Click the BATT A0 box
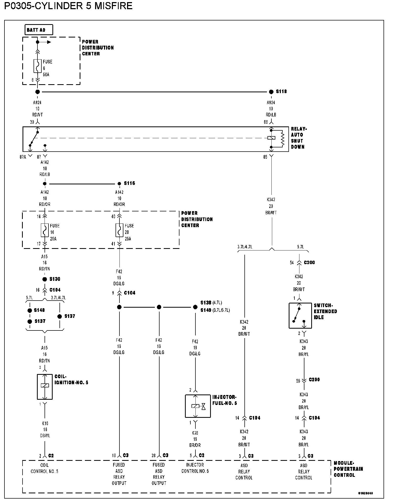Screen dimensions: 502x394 [x=39, y=30]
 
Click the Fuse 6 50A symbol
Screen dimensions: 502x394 [x=38, y=66]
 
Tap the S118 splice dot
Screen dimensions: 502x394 [x=271, y=92]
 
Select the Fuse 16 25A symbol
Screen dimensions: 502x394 [x=45, y=231]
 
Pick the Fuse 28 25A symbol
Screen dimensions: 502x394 [x=119, y=231]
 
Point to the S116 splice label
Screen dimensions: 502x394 [x=129, y=183]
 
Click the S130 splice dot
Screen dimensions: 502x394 [x=45, y=279]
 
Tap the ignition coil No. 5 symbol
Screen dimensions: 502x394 [x=45, y=387]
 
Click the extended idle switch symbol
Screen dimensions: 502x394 [x=300, y=316]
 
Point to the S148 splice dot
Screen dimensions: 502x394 [x=30, y=311]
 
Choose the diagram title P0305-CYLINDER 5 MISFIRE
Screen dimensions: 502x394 [x=68, y=6]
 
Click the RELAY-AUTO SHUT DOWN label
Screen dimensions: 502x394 [x=298, y=138]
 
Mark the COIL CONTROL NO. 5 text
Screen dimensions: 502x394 [x=45, y=469]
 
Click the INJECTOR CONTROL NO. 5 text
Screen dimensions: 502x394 [x=195, y=468]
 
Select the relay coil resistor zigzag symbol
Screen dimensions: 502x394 [x=282, y=138]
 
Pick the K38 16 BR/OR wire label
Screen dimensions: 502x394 [x=195, y=439]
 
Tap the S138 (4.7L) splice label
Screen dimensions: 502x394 [x=211, y=303]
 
